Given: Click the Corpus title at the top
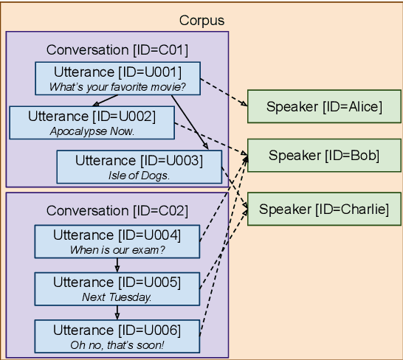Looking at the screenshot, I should pyautogui.click(x=201, y=20).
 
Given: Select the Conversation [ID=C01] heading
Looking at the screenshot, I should pyautogui.click(x=117, y=50).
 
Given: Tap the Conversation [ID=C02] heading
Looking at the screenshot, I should pyautogui.click(x=117, y=210).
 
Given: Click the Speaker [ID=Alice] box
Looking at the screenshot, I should pyautogui.click(x=324, y=107).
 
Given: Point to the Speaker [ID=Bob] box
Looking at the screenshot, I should pyautogui.click(x=324, y=155).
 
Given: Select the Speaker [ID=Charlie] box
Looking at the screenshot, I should pyautogui.click(x=324, y=209).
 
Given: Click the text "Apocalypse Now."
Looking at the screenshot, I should pyautogui.click(x=92, y=131).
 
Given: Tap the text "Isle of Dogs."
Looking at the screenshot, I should pyautogui.click(x=139, y=176).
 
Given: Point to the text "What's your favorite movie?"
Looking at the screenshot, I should pyautogui.click(x=117, y=86).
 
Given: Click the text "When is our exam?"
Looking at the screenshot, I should pyautogui.click(x=117, y=249).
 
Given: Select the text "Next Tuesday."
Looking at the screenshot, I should pyautogui.click(x=117, y=297).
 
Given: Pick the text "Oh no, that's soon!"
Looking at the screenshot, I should pyautogui.click(x=117, y=345).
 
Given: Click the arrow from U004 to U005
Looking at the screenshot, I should pyautogui.click(x=117, y=266).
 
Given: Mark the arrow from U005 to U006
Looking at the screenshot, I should pyautogui.click(x=117, y=313).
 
